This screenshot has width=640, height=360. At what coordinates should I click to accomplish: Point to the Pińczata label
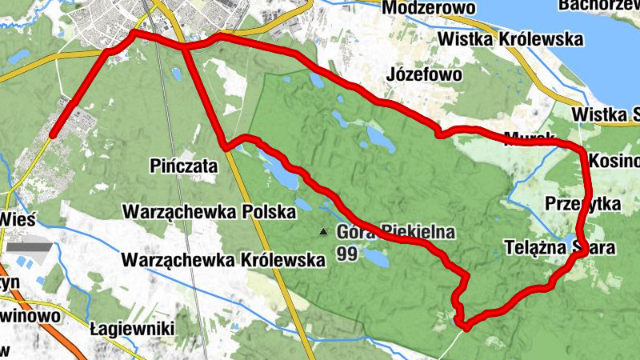click(183, 166)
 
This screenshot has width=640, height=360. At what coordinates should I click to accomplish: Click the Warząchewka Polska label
click(208, 212)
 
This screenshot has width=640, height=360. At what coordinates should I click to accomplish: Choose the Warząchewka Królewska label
click(223, 260)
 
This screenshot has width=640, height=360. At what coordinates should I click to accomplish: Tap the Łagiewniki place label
click(131, 329)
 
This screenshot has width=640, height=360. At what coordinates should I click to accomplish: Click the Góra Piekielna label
click(396, 233)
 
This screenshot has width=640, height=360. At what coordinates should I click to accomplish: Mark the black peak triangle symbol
click(323, 233)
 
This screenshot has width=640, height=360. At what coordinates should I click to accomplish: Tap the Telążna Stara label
click(560, 248)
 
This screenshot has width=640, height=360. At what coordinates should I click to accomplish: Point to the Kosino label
click(613, 162)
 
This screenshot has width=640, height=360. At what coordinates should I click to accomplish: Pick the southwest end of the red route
click(52, 136)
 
